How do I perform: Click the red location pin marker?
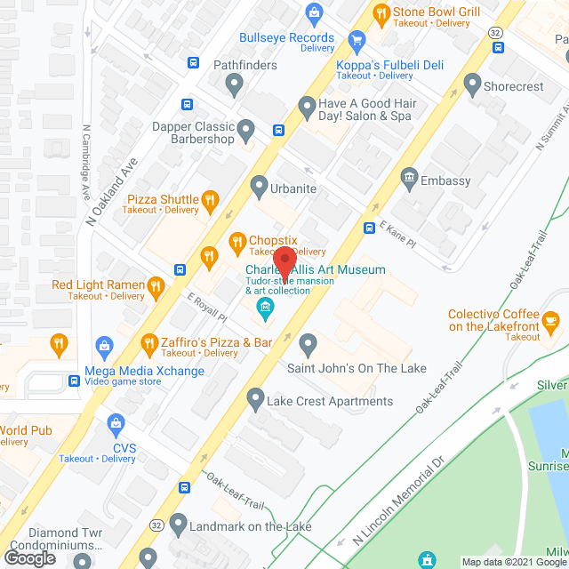click(x=284, y=263)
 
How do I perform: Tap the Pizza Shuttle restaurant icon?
click(x=210, y=200)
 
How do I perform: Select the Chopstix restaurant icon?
click(x=237, y=240)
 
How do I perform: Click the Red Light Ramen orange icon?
click(x=156, y=285)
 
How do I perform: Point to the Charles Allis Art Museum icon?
click(x=264, y=309)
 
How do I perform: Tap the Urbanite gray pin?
click(x=259, y=187)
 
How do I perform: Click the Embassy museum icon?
click(x=409, y=177)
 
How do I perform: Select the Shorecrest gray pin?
click(x=472, y=86)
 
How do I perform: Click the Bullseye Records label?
click(x=286, y=37)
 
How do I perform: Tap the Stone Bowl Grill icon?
click(x=381, y=12)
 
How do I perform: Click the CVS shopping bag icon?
click(x=114, y=424)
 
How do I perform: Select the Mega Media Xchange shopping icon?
click(x=105, y=345)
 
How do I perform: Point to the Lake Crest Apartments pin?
click(x=256, y=397)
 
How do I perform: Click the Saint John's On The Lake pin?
click(x=309, y=343)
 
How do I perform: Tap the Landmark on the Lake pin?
click(x=179, y=523)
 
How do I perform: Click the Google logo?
click(x=29, y=557)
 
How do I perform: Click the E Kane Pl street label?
click(x=397, y=236)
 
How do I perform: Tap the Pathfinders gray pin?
click(x=234, y=85)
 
